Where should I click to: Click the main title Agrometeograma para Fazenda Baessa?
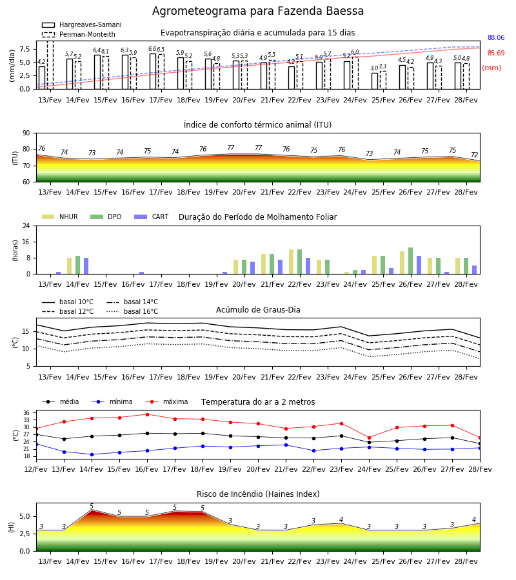(257, 11)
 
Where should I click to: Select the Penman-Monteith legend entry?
(79, 34)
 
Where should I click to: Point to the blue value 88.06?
(496, 37)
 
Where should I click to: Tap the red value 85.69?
(496, 53)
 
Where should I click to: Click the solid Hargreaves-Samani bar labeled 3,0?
(375, 81)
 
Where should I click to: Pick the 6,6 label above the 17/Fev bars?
(152, 49)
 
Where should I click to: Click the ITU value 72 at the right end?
(475, 155)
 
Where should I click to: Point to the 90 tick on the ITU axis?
(26, 133)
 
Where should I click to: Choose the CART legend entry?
(152, 217)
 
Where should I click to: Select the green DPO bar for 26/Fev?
(410, 261)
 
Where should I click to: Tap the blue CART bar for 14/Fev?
(86, 266)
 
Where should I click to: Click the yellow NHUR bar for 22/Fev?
(292, 262)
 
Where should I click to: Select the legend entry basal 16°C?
(132, 311)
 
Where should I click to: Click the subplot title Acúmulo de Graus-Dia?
(258, 309)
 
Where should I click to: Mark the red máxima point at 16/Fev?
(147, 414)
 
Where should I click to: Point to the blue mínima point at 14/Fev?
(92, 454)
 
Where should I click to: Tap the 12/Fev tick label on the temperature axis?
(36, 469)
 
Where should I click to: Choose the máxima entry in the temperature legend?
(166, 401)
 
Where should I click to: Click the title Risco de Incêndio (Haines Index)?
(258, 494)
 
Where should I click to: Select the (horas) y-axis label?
(15, 251)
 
